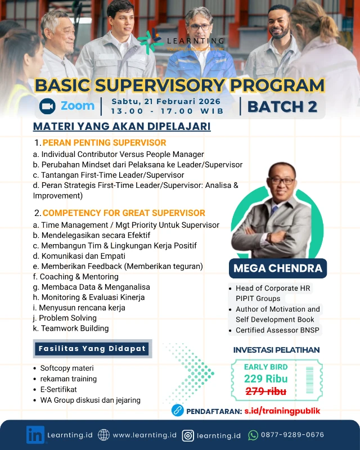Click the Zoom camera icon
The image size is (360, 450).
click(47, 106)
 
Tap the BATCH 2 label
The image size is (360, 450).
click(282, 106)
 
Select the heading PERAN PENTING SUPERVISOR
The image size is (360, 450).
click(104, 142)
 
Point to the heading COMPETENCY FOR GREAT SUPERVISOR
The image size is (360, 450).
click(124, 213)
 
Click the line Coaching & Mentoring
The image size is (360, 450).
click(76, 277)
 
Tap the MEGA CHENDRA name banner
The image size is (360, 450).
click(278, 268)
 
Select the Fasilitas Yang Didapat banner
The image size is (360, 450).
click(92, 348)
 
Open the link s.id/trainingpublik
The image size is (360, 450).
click(282, 411)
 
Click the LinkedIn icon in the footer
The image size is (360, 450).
click(35, 435)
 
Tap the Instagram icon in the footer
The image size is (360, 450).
click(188, 435)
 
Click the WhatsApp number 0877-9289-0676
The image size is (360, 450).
click(292, 435)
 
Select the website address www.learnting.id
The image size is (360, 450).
click(145, 435)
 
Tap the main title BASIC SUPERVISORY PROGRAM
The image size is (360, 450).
click(179, 85)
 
